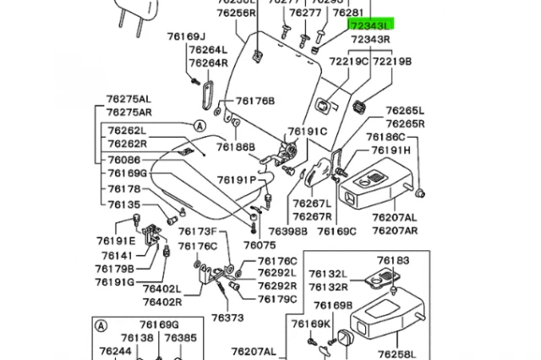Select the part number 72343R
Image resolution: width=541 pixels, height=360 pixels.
click(x=370, y=40)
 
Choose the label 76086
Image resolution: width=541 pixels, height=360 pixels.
click(x=124, y=158)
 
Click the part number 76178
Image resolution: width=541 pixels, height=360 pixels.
click(x=124, y=188)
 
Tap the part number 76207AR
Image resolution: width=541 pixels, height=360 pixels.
click(x=395, y=231)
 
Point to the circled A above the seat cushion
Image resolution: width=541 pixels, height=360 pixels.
click(x=199, y=125)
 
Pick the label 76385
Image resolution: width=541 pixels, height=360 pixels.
click(x=180, y=338)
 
